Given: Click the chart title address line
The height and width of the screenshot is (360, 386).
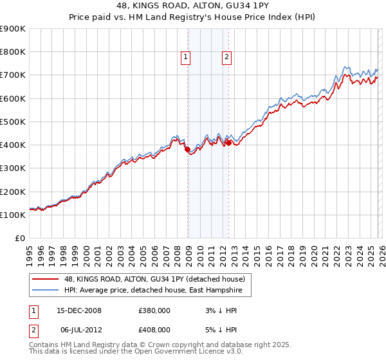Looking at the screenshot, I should [x=193, y=6].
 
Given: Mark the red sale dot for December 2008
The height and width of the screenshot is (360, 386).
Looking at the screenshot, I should [x=188, y=150].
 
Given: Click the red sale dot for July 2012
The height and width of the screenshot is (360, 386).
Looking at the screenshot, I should [x=228, y=143].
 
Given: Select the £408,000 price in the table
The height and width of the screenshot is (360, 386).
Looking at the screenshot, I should [x=154, y=329].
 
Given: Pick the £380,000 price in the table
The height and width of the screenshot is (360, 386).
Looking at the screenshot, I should [x=154, y=310].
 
